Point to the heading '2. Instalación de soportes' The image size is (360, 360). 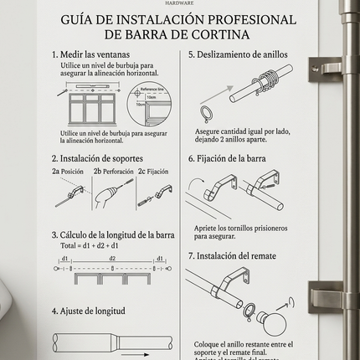pyautogui.click(x=97, y=157)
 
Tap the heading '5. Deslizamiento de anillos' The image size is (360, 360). pyautogui.click(x=239, y=54)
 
